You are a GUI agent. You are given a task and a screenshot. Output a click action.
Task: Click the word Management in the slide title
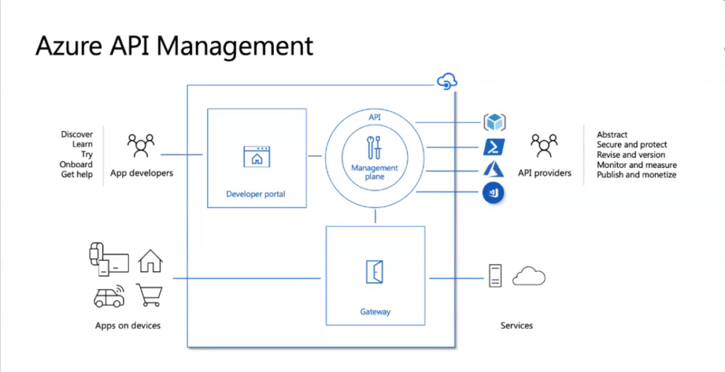coord(234,46)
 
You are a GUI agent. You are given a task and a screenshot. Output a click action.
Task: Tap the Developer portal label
coord(256,193)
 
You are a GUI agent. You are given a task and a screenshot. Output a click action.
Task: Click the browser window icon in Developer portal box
coord(256,156)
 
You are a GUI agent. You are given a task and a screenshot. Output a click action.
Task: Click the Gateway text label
coord(375,312)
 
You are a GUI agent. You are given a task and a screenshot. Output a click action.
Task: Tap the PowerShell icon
coord(493,147)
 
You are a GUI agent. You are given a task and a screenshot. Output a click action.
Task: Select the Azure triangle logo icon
coord(493,170)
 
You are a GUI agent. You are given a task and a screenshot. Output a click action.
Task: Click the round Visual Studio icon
coord(493,193)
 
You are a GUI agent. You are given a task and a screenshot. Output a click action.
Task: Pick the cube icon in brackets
coord(494,123)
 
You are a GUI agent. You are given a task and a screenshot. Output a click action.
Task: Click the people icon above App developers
coord(141,145)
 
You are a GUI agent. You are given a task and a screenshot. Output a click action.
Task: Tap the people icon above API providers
coord(544,145)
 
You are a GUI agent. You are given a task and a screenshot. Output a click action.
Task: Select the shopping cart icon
coord(149,295)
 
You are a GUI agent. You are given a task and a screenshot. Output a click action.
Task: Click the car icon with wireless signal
coord(109,296)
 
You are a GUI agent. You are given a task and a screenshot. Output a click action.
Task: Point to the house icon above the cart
coord(150,261)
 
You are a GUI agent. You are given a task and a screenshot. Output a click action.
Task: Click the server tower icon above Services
coord(495,276)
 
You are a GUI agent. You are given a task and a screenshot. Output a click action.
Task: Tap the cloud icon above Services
coord(529,276)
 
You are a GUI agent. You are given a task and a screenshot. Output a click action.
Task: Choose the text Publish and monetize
coord(636,174)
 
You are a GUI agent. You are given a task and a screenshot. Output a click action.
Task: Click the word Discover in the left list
coord(76,135)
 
